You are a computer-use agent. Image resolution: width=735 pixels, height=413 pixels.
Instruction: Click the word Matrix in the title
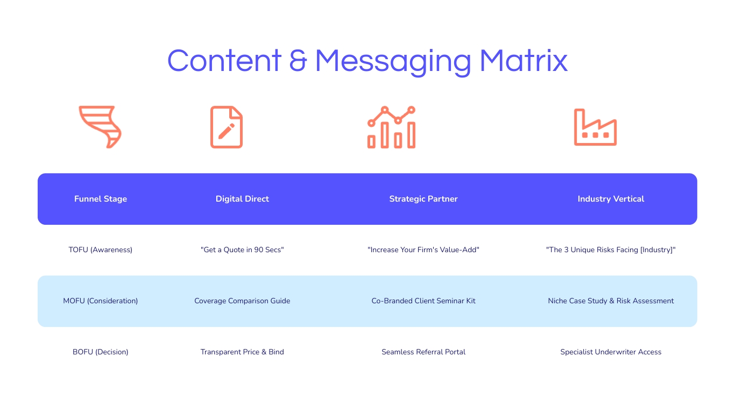click(524, 61)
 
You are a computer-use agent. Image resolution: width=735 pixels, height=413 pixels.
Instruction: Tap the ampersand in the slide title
click(298, 61)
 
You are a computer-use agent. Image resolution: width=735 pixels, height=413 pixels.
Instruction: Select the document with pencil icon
click(227, 127)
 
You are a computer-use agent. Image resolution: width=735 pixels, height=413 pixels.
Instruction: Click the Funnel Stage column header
click(101, 199)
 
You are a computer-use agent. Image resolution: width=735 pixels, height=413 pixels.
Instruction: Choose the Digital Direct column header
click(242, 199)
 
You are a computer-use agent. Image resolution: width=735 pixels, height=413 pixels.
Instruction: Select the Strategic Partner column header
click(423, 199)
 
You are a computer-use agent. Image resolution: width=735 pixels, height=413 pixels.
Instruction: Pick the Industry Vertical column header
click(611, 199)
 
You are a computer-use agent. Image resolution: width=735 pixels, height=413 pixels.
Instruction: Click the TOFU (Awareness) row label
click(101, 250)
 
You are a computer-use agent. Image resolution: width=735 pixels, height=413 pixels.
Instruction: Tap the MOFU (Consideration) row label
click(101, 301)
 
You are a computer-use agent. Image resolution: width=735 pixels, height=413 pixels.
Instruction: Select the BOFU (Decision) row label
click(101, 352)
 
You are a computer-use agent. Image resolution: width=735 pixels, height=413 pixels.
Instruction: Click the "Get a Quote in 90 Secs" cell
click(242, 250)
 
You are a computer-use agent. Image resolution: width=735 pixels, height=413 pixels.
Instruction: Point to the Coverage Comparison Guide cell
click(242, 301)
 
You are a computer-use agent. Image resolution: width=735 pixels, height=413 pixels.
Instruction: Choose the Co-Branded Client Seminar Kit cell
click(423, 301)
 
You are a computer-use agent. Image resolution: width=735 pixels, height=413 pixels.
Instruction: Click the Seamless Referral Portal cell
click(423, 352)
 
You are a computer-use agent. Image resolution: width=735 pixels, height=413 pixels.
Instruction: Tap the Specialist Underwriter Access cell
click(611, 352)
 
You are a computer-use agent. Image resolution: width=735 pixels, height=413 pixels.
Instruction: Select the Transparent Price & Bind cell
click(242, 352)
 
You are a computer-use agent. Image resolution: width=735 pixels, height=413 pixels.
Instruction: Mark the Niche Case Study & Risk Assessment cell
click(611, 301)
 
